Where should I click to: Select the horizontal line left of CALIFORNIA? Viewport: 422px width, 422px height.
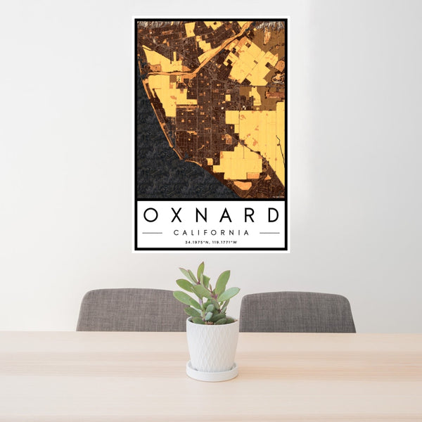(x=152, y=232)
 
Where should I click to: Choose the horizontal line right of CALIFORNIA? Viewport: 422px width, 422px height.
(x=269, y=232)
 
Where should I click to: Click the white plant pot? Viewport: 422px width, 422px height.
(x=212, y=345)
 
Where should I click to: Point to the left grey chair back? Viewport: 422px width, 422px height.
(x=127, y=309)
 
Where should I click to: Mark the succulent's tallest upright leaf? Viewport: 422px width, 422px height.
(x=200, y=272)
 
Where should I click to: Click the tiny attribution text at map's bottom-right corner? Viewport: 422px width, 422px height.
(x=276, y=196)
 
